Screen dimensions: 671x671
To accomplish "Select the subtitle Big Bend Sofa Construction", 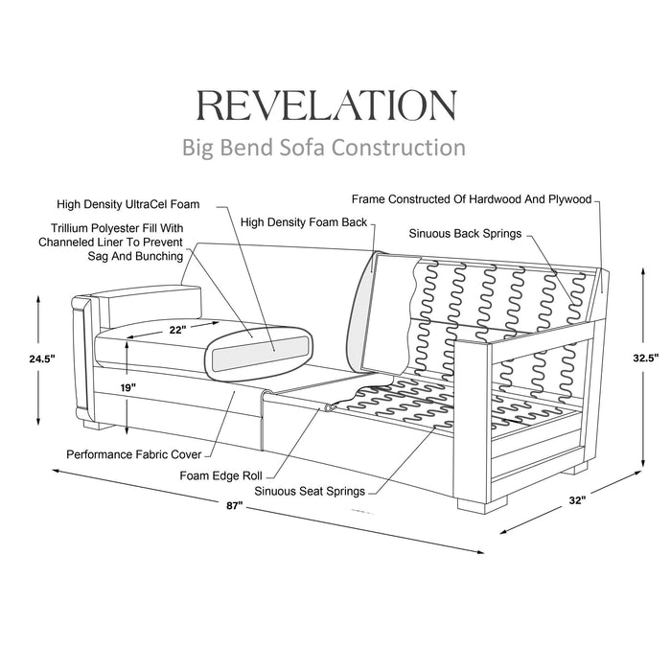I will pos(324,148).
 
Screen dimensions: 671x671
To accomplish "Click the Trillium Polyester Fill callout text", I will pos(111,242).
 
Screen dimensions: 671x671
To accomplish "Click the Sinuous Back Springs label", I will pos(465,233).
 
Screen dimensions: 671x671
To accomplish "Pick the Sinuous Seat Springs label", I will pos(309,491).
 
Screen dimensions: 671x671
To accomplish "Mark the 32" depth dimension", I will pos(575,498).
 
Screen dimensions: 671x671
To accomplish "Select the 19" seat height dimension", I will pos(127,386).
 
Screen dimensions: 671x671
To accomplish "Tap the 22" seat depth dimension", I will pos(175,329).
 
